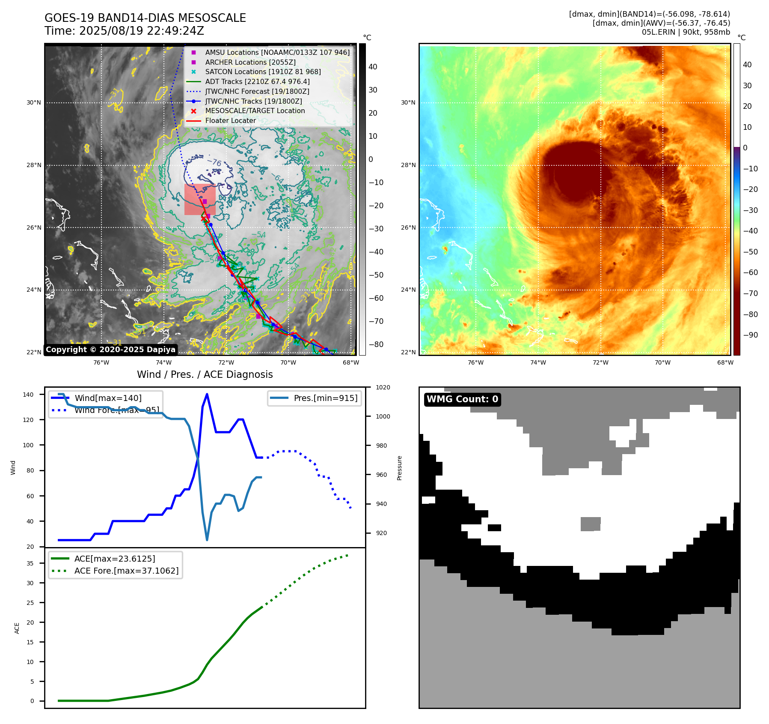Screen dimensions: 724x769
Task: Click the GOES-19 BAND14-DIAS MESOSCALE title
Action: tap(145, 18)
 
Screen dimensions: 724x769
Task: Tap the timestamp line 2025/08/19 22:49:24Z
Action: tap(124, 31)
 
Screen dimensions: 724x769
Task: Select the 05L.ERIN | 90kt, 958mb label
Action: tap(686, 32)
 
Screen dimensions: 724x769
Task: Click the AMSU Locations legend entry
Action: tap(277, 52)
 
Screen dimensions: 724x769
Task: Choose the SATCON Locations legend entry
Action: tap(263, 72)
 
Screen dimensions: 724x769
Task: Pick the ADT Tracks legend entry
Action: tap(257, 81)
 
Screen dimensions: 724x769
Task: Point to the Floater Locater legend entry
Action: tap(230, 120)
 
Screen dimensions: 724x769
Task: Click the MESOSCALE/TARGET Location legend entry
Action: tap(255, 111)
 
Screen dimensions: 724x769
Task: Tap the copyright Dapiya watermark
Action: tap(110, 350)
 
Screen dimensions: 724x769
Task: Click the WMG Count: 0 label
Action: tap(462, 399)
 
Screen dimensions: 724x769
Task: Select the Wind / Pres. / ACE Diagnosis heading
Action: tap(205, 374)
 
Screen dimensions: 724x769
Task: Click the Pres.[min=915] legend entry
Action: tap(325, 398)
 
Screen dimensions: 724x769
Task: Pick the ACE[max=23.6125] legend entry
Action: tap(115, 559)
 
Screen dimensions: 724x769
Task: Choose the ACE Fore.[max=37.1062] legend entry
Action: tap(126, 571)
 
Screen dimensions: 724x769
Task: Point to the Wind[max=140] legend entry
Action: tap(108, 398)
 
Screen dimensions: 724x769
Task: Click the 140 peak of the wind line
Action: tap(207, 394)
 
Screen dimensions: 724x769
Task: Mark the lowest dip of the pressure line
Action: tap(207, 540)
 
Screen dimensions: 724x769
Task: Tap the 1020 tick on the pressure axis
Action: tap(383, 387)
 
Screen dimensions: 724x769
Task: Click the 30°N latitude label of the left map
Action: tap(34, 103)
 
